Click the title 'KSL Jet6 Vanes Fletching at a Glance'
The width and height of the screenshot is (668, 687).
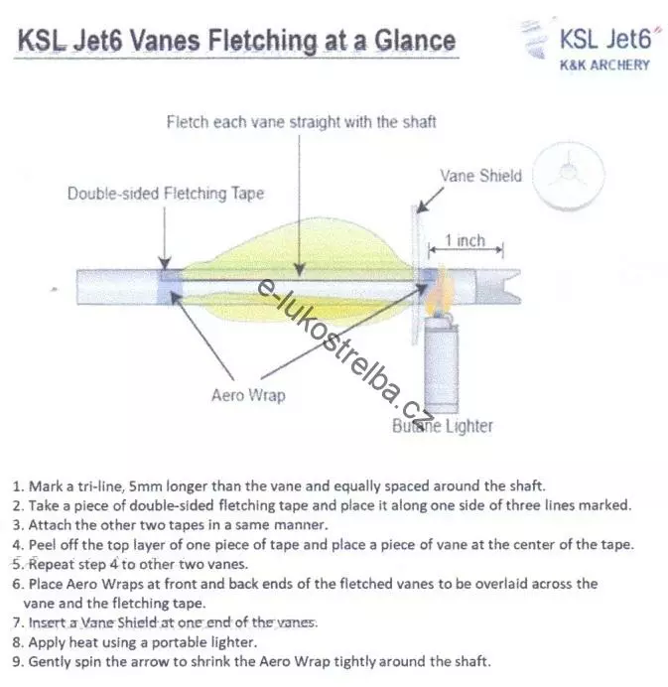click(235, 41)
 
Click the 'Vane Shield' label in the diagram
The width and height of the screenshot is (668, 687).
click(480, 176)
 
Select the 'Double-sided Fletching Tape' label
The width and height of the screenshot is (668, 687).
click(166, 194)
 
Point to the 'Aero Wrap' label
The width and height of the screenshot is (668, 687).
click(247, 395)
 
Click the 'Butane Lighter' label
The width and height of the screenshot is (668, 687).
click(442, 427)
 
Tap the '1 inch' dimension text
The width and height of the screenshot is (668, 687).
click(465, 241)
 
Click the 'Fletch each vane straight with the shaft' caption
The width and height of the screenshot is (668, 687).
click(301, 122)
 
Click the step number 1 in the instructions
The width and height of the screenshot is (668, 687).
click(16, 487)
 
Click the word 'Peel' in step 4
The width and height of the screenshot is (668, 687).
click(44, 544)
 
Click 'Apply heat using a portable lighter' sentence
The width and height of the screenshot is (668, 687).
click(144, 642)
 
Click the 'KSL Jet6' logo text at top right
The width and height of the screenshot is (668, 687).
click(604, 40)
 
